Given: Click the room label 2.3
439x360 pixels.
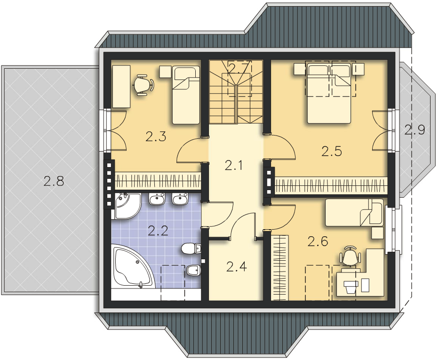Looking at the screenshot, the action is tap(156, 136).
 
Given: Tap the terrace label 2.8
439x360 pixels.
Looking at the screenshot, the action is tap(54, 181).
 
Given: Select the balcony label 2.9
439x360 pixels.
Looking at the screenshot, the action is tap(415, 130).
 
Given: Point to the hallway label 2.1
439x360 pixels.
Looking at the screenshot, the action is tap(233, 166).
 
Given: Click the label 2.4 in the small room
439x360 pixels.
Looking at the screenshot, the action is tap(237, 266).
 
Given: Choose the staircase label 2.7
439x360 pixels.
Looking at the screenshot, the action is tap(238, 68).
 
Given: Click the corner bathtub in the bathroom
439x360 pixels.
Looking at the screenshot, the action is tap(133, 266).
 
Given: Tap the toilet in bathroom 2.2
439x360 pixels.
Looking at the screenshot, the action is tap(191, 248).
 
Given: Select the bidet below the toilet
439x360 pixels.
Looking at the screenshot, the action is tap(193, 271).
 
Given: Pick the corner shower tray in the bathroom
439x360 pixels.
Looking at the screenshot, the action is tap(128, 206).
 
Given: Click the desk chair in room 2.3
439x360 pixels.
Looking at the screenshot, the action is tap(144, 85).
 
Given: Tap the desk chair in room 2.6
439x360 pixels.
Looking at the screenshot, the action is tap(349, 256).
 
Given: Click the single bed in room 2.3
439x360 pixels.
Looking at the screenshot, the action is tap(186, 95).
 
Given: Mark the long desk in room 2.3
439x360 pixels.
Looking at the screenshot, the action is tap(121, 87).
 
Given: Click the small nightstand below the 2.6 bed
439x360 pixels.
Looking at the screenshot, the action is tap(378, 233).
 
